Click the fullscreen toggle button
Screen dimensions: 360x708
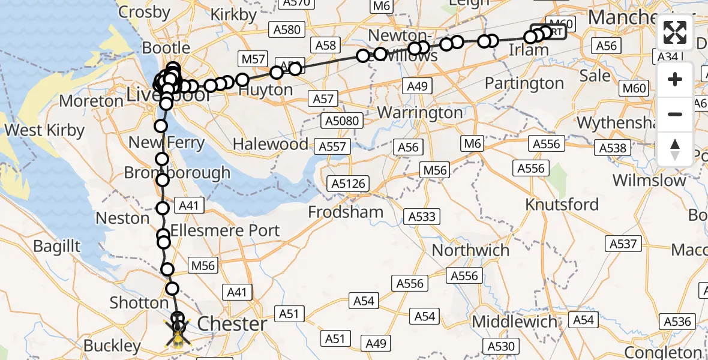(x=675, y=32)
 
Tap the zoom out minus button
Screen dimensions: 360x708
(x=675, y=114)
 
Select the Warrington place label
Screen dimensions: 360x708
(x=420, y=113)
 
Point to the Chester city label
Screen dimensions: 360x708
(x=232, y=324)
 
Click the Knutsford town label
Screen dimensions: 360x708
(x=562, y=205)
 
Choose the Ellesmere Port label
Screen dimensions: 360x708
(x=225, y=230)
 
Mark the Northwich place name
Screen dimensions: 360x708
(x=470, y=250)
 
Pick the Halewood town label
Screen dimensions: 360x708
(x=271, y=145)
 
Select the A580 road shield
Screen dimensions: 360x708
(x=286, y=29)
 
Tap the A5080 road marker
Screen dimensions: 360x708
(x=341, y=121)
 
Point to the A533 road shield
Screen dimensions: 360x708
(x=422, y=217)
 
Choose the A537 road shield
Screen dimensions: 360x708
(x=623, y=244)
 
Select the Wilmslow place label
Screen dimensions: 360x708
(x=649, y=181)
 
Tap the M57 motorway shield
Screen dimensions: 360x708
(x=253, y=59)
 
